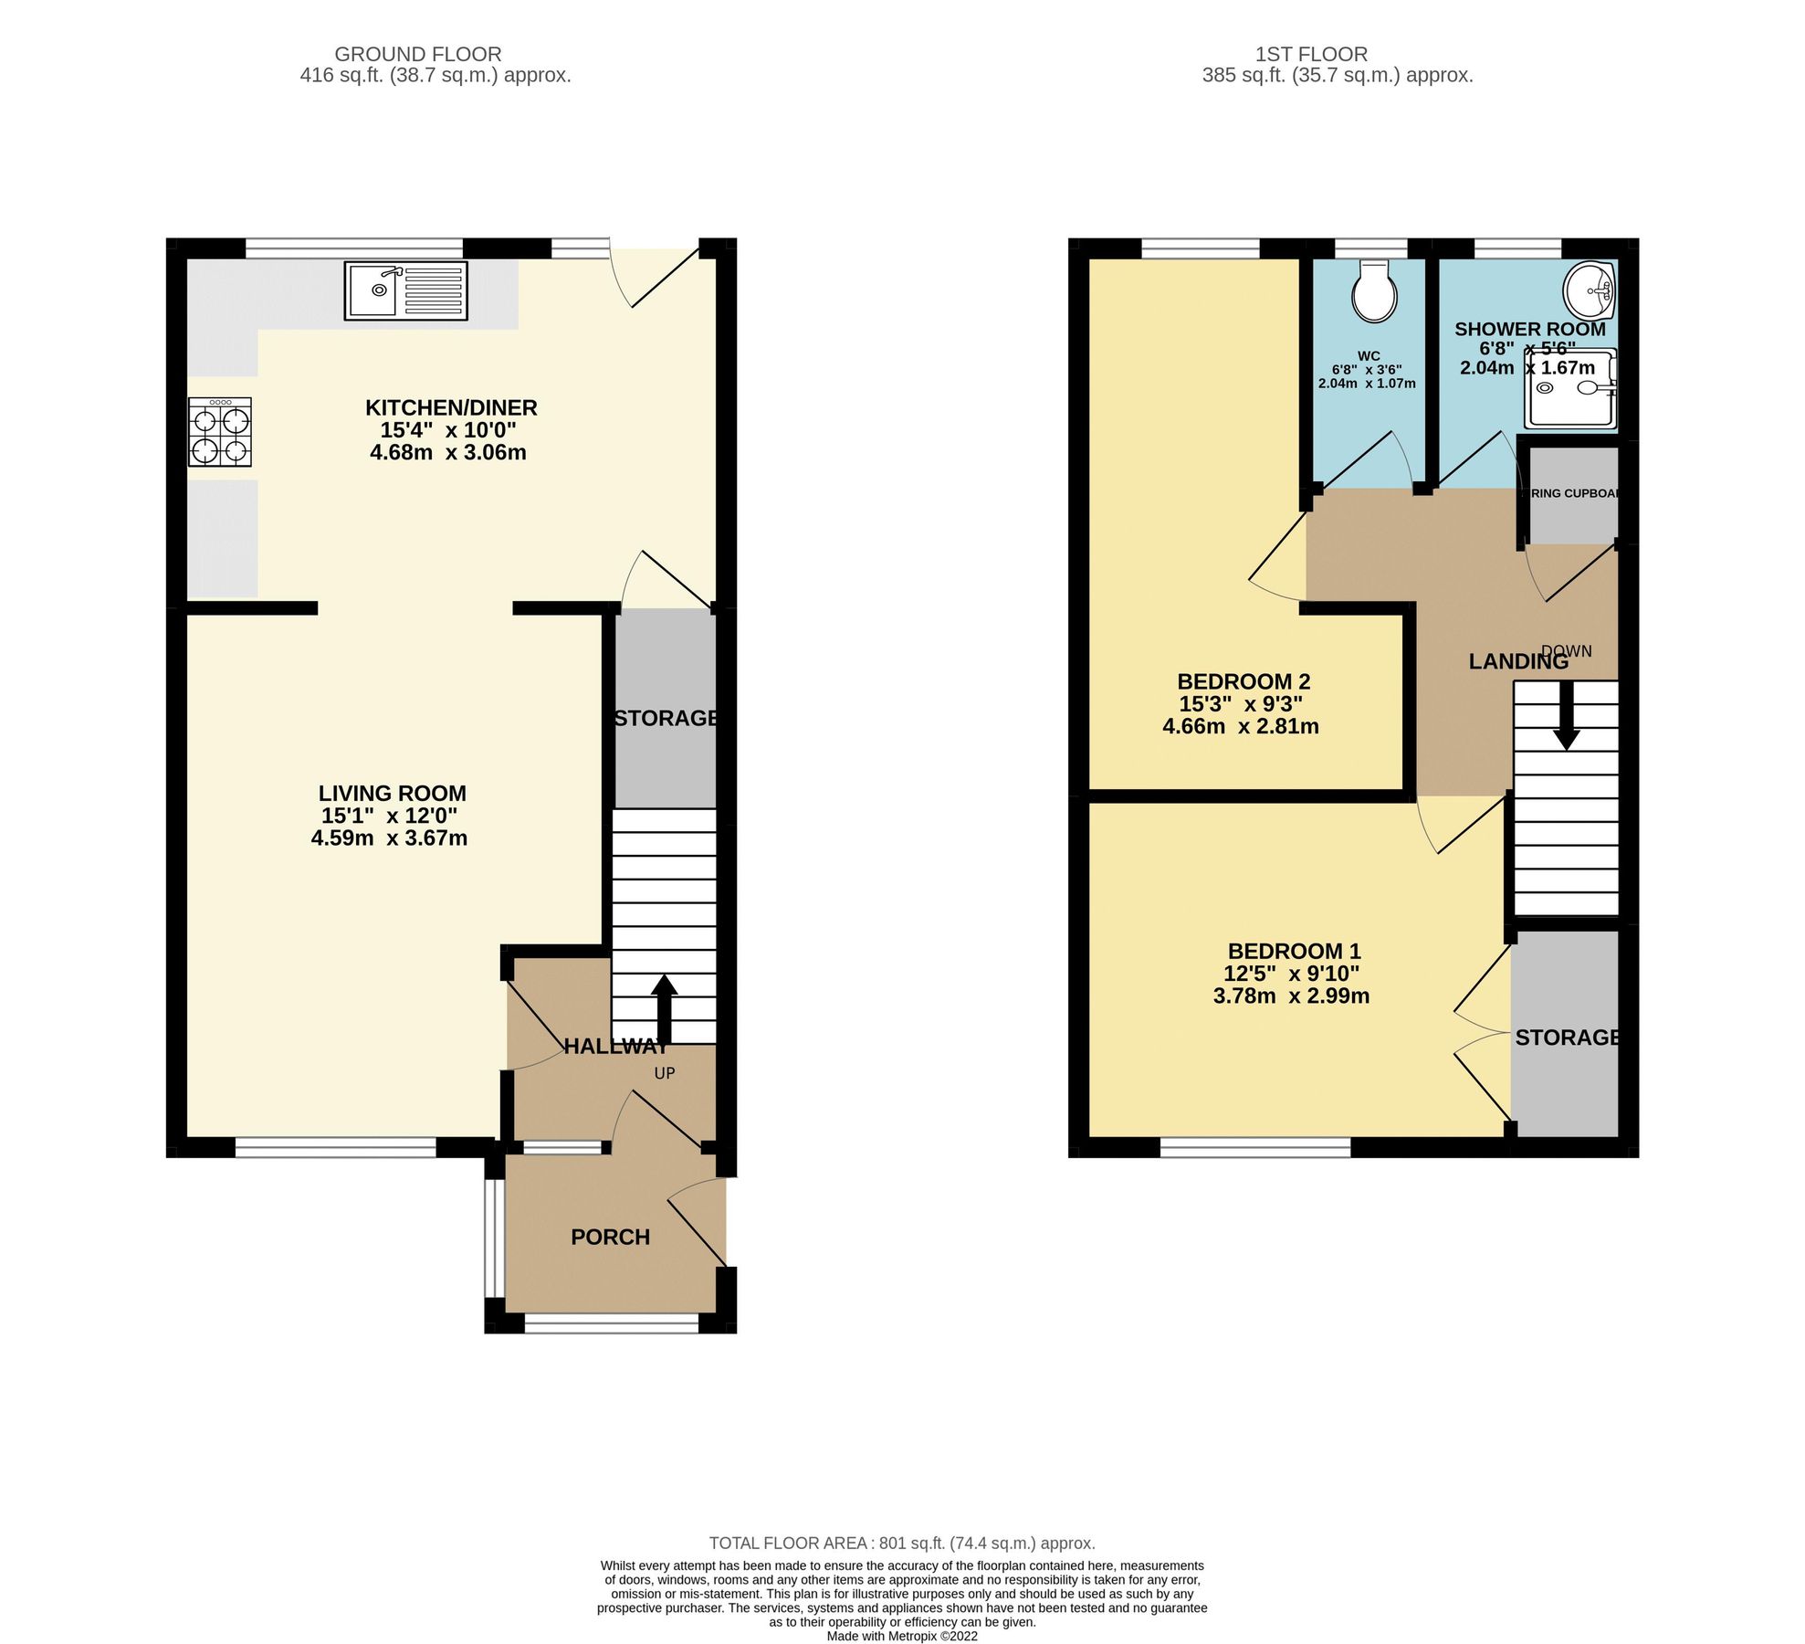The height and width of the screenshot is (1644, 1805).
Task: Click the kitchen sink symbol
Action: click(405, 290)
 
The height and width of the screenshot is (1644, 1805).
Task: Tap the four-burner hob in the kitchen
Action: click(220, 432)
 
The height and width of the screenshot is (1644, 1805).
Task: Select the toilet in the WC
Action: click(1373, 291)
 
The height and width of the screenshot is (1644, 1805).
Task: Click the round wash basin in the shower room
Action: click(1590, 290)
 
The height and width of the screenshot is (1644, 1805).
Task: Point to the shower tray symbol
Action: click(1570, 389)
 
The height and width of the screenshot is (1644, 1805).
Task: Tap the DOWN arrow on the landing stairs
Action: click(1567, 717)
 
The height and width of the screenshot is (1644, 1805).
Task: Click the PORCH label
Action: click(610, 1237)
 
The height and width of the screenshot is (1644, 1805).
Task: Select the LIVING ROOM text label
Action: click(392, 793)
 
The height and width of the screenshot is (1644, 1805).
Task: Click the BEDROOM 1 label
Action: click(1294, 951)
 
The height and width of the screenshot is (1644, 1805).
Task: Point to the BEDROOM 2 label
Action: click(1244, 681)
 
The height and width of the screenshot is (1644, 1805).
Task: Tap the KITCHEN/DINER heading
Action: click(451, 407)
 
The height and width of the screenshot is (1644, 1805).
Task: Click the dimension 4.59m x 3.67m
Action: click(389, 838)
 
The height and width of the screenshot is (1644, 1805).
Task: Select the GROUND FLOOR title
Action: click(417, 54)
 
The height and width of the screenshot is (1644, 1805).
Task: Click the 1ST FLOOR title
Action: click(1310, 54)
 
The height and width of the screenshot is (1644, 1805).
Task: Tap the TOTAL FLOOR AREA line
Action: click(901, 1543)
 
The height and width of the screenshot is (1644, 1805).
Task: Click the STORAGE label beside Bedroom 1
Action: click(1567, 1038)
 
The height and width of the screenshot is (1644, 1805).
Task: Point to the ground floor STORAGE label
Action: click(666, 718)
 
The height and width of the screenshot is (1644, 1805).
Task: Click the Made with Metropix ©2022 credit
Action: click(901, 1636)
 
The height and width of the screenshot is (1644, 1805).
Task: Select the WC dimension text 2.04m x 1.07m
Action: click(1366, 384)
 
